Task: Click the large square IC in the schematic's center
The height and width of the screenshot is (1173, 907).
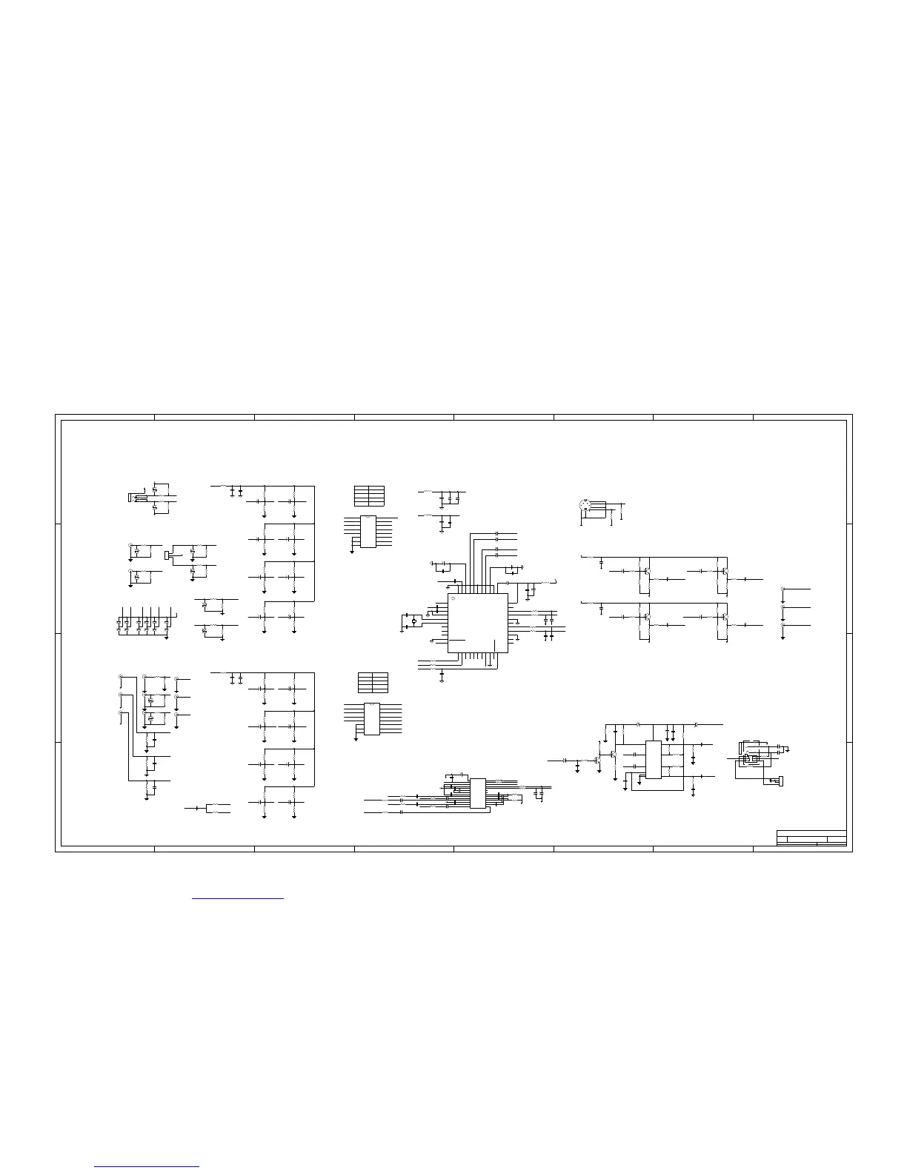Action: pos(478,623)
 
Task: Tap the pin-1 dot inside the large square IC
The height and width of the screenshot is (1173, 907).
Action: pos(453,598)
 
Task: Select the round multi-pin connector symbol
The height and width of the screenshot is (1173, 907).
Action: pos(583,507)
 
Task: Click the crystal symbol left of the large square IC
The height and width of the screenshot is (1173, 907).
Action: pos(414,621)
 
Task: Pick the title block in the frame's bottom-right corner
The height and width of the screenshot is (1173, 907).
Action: pos(811,838)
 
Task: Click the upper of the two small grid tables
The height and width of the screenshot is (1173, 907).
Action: pos(369,495)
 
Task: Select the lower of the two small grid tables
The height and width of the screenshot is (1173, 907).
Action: pos(373,682)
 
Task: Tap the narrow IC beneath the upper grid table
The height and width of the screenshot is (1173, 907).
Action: pos(368,531)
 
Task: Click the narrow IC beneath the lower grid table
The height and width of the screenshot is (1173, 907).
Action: pos(371,719)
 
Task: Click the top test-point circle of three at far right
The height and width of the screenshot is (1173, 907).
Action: pos(783,589)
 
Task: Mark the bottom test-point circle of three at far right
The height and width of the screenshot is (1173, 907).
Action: pos(783,626)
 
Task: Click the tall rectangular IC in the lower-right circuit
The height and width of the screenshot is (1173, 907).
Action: pos(653,760)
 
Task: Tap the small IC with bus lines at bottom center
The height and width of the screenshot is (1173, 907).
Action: pos(478,793)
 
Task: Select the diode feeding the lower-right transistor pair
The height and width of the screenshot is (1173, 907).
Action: pos(565,761)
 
